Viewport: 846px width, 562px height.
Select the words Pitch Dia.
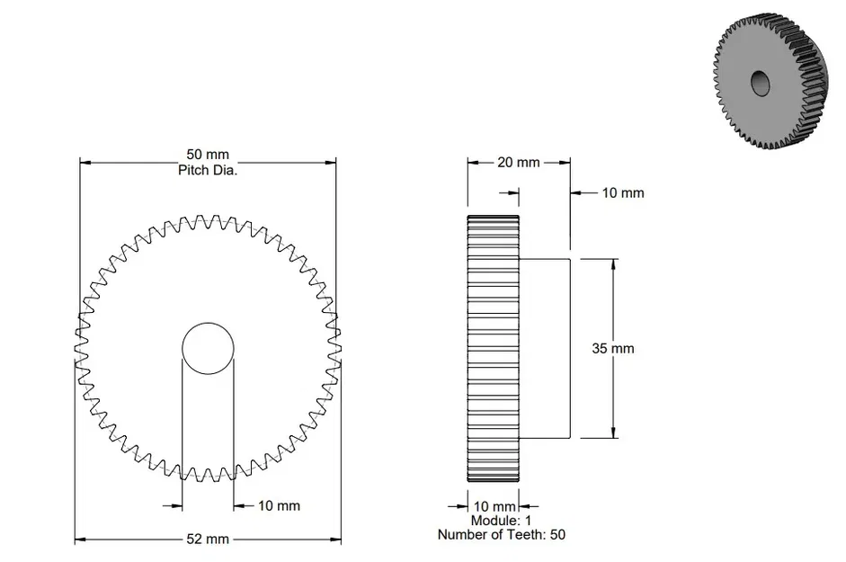208,169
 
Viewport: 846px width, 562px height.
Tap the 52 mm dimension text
207,540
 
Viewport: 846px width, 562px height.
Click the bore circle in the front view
208,348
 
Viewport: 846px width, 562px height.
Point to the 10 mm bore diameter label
279,505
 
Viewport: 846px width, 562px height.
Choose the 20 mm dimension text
518,163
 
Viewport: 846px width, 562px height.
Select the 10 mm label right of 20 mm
622,192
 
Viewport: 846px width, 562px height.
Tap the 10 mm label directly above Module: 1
494,506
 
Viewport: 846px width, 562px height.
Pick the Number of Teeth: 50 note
501,534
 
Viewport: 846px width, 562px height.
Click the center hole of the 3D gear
760,83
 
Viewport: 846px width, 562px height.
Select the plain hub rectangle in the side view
545,348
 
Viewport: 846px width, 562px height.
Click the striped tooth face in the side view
493,348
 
